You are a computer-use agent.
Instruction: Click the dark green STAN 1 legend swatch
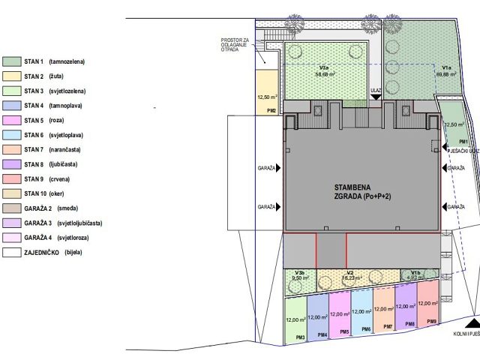tap(12, 61)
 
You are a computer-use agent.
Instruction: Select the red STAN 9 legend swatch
tap(12, 179)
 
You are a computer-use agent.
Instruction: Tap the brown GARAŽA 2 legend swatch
tap(12, 208)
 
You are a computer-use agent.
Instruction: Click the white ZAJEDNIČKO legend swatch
tap(12, 253)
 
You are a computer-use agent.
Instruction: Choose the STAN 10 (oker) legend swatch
tap(12, 194)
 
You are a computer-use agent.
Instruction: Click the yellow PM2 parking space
tap(267, 97)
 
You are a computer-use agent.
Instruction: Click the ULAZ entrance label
tap(376, 90)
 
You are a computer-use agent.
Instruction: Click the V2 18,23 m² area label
tap(349, 275)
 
